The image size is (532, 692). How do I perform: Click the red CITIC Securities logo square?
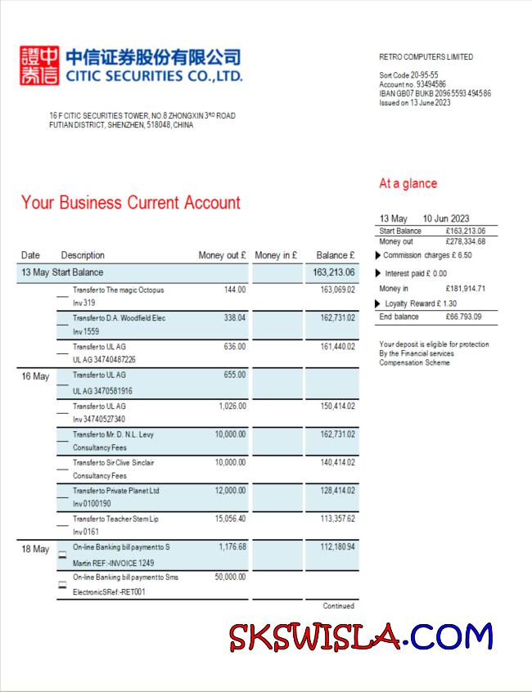(39, 66)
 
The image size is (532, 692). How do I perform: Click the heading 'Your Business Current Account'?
(131, 203)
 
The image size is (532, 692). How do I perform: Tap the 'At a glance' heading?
(408, 183)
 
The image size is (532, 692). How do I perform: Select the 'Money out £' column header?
(222, 255)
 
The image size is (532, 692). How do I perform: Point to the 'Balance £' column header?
(336, 255)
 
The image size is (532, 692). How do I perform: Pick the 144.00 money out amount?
(235, 290)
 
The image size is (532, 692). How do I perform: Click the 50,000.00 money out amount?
(228, 577)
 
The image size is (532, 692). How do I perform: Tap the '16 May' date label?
(35, 376)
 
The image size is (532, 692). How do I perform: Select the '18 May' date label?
(35, 549)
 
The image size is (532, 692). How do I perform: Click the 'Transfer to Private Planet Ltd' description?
(115, 491)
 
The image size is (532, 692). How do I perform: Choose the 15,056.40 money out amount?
(230, 519)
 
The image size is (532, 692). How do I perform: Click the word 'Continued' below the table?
(338, 606)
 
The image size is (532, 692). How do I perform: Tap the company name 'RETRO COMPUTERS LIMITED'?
(426, 57)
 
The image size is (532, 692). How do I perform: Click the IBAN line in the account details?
(435, 93)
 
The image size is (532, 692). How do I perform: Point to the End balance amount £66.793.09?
(463, 317)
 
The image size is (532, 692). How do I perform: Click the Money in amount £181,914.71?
(466, 289)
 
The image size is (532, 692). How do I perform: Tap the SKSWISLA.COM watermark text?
(361, 636)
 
